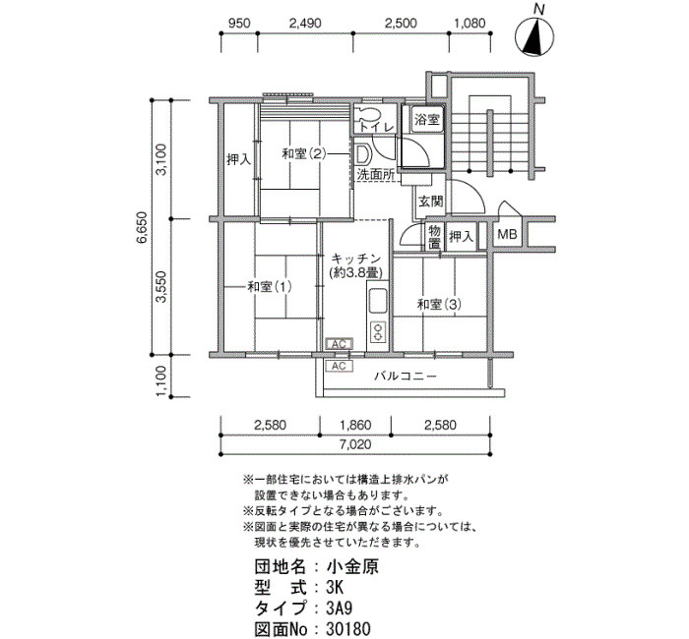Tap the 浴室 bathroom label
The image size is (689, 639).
pos(427,119)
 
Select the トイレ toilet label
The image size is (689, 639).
pos(377,127)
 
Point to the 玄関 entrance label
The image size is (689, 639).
pos(431,202)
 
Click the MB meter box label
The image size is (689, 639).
pos(507,235)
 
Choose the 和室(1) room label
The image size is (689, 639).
pos(270,287)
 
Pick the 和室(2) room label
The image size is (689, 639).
pos(303,154)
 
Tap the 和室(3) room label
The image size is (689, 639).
pos(439,304)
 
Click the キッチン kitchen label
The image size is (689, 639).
pos(356,258)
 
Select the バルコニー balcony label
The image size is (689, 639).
pos(406,377)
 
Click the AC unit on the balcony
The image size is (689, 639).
pos(339,366)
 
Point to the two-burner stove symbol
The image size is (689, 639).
pos(377,331)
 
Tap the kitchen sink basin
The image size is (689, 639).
pos(377,301)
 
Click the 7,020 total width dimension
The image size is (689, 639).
pos(355,444)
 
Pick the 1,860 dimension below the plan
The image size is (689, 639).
pos(355,425)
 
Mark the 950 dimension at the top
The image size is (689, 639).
pos(239,23)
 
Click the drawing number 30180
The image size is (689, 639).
pos(348,629)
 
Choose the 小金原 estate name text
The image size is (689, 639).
pos(352,566)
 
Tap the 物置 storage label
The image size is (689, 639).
pos(435,237)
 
